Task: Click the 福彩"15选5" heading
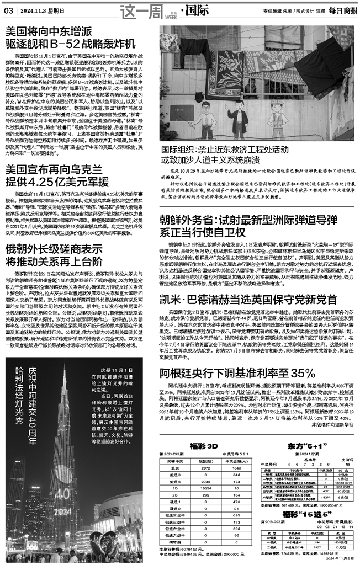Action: point(303,514)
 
